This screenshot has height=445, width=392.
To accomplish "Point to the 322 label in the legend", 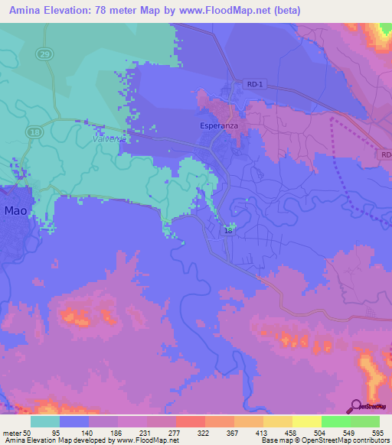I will tap(204, 433).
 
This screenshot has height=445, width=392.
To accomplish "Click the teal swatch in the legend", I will tap(45, 421).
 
